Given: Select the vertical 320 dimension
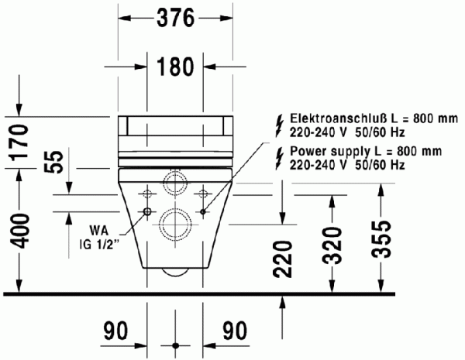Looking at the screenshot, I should (333, 245).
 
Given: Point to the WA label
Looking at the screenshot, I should (98, 231).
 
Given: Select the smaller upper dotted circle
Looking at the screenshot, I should (176, 184).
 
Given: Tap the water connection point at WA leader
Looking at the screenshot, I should (147, 211).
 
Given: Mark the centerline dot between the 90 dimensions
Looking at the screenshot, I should (176, 343).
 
